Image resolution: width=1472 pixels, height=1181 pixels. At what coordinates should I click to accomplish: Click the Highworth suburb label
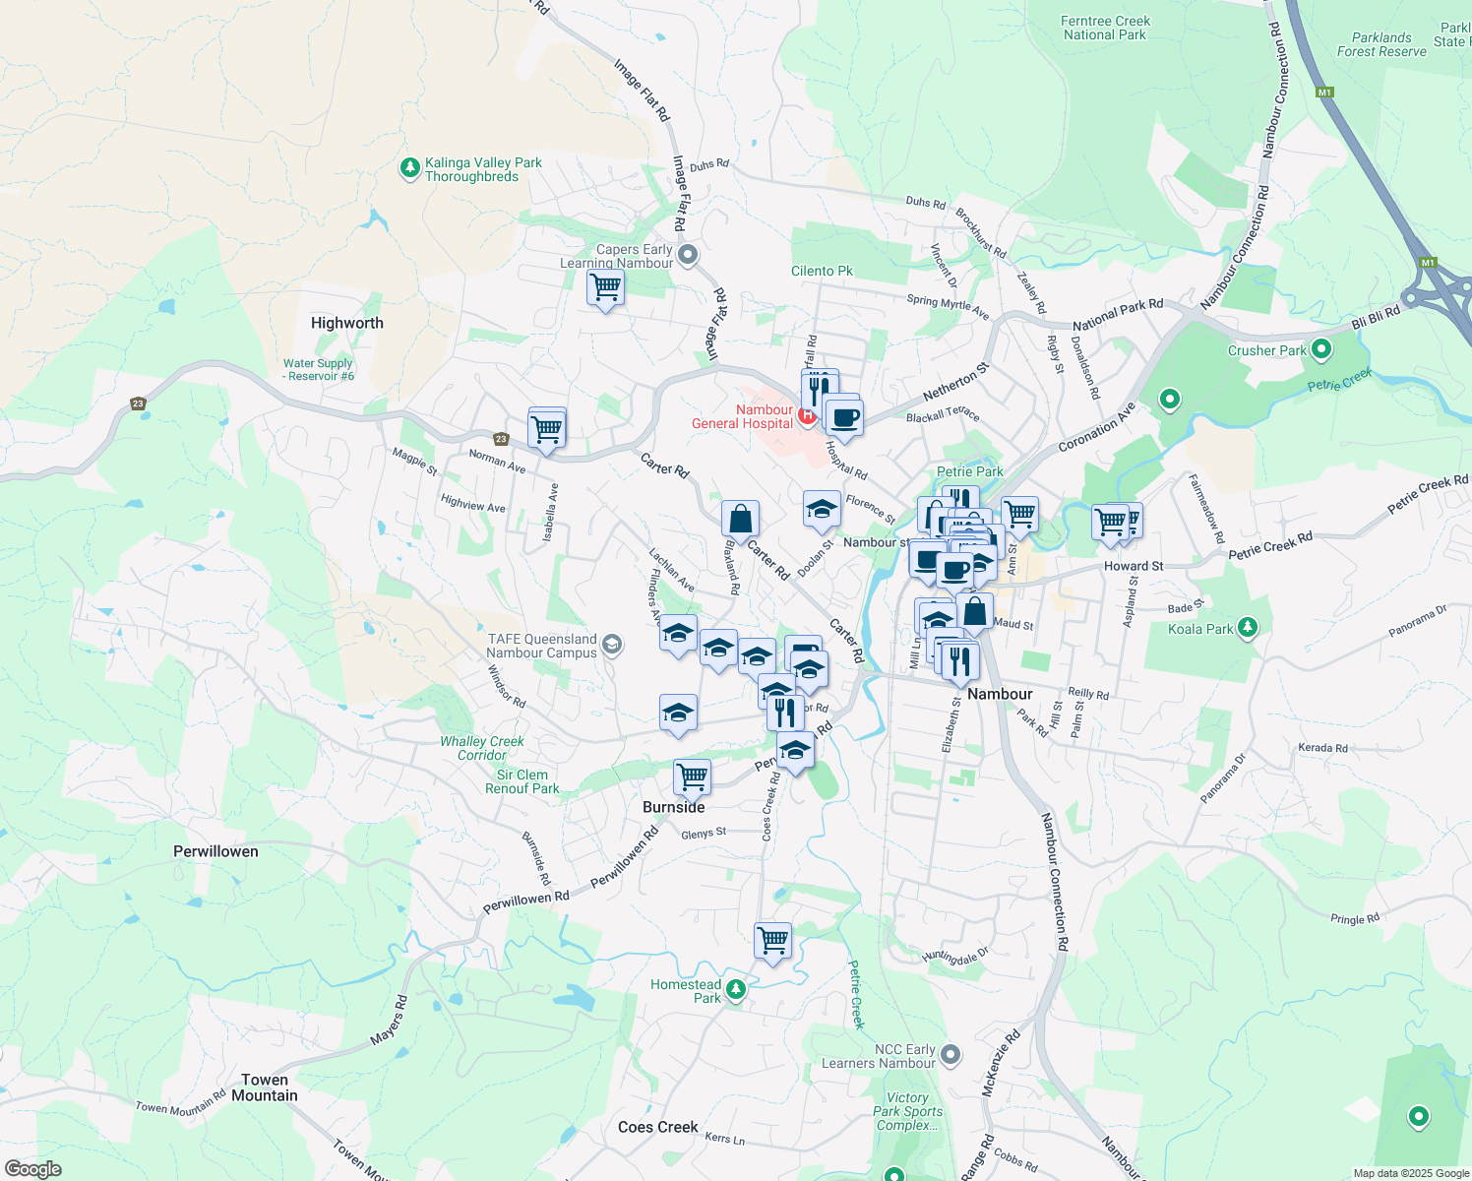point(346,323)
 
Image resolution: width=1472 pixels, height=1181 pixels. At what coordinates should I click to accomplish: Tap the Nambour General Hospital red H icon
point(807,416)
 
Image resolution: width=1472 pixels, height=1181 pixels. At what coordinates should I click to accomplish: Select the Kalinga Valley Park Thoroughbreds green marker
point(410,169)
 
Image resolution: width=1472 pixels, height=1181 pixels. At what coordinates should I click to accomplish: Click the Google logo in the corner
point(32,1169)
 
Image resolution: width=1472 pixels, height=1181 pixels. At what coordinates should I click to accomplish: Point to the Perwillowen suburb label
point(215,851)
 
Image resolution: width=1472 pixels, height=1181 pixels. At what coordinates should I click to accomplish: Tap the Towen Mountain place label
point(265,1088)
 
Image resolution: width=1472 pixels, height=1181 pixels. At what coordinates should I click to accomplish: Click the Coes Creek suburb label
point(657,1127)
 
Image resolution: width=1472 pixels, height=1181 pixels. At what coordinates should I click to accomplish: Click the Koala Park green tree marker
point(1247,627)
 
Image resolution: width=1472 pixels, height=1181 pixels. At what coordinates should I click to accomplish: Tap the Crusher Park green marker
point(1321,349)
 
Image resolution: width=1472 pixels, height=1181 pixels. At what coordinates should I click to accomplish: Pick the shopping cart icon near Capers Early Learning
point(605,287)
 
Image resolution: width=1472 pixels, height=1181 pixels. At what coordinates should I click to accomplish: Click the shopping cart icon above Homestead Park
point(773,940)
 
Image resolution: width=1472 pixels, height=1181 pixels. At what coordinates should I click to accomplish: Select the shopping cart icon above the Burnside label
point(692,776)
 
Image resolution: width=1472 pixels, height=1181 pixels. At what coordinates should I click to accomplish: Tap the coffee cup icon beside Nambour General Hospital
point(844,417)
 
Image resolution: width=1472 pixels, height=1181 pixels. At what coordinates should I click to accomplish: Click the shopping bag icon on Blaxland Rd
point(740,519)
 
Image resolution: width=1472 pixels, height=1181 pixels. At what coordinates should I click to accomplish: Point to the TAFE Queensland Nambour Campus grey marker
point(612,646)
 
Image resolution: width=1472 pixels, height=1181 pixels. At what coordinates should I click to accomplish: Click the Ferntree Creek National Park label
point(1105,28)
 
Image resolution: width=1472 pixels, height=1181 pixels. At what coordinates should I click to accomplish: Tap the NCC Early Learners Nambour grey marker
point(950,1055)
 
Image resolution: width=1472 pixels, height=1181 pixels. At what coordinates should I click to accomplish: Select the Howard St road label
point(1134,566)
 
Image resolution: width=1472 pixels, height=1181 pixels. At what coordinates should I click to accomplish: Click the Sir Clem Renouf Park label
point(521,781)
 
